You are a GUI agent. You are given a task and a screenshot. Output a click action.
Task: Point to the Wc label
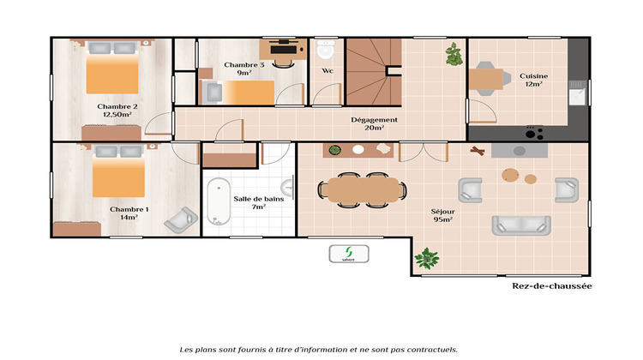pos(328,71)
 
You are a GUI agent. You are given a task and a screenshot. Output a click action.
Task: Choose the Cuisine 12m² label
pos(533,80)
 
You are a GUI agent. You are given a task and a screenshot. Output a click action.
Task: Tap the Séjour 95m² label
pos(443,214)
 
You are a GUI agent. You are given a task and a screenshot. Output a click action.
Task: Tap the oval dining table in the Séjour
pos(360,188)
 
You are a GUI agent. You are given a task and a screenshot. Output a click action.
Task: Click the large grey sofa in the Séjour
pos(520,225)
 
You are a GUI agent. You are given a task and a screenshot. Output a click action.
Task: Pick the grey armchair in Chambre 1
pos(180,220)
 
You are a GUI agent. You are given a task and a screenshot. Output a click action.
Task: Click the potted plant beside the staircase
pos(452,55)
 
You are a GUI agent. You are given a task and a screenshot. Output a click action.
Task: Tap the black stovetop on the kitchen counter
pos(534,133)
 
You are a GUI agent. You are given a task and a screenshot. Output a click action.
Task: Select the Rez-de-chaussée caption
pos(551,287)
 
